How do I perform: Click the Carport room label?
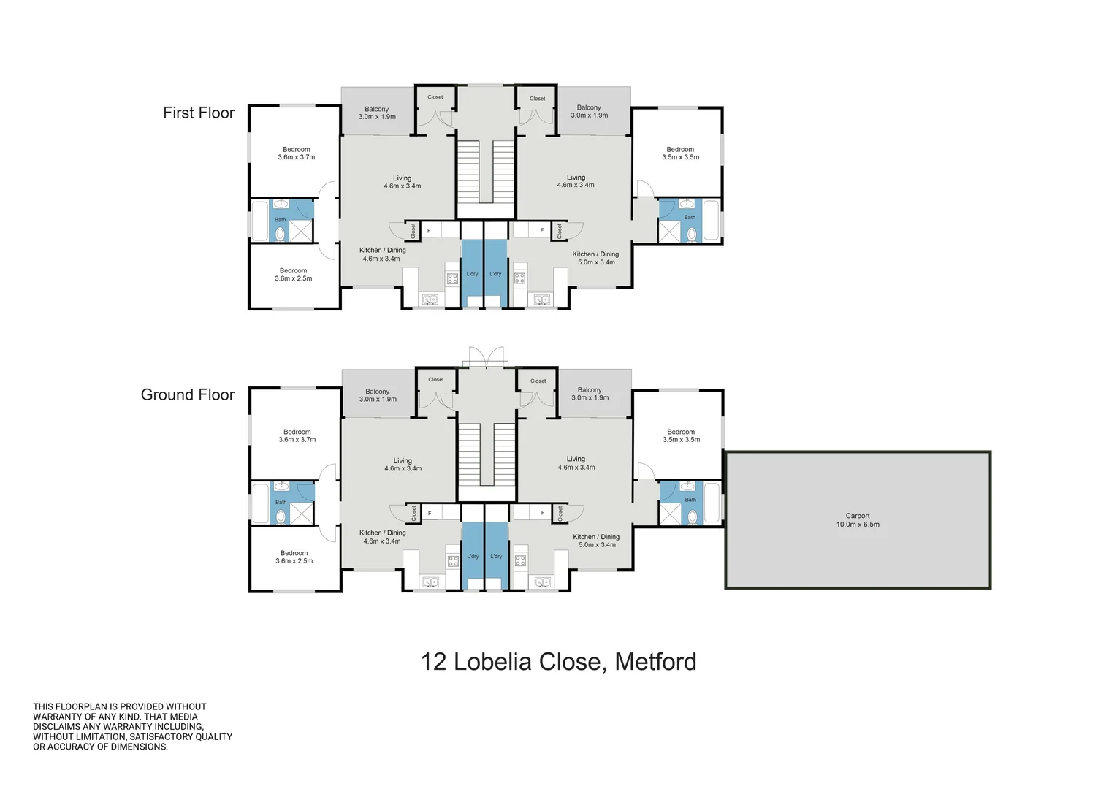857,516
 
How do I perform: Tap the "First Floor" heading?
199,113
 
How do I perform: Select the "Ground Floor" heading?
188,394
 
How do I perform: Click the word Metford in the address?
655,662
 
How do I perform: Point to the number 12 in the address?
433,662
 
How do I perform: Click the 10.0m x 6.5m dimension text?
858,524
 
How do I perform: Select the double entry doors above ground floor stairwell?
487,357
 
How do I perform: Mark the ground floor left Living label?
403,461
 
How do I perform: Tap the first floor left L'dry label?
472,274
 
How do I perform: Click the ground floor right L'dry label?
495,556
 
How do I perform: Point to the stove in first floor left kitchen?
452,278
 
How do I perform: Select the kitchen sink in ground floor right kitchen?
542,582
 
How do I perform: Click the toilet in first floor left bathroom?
281,233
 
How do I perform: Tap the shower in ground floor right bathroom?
670,513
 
